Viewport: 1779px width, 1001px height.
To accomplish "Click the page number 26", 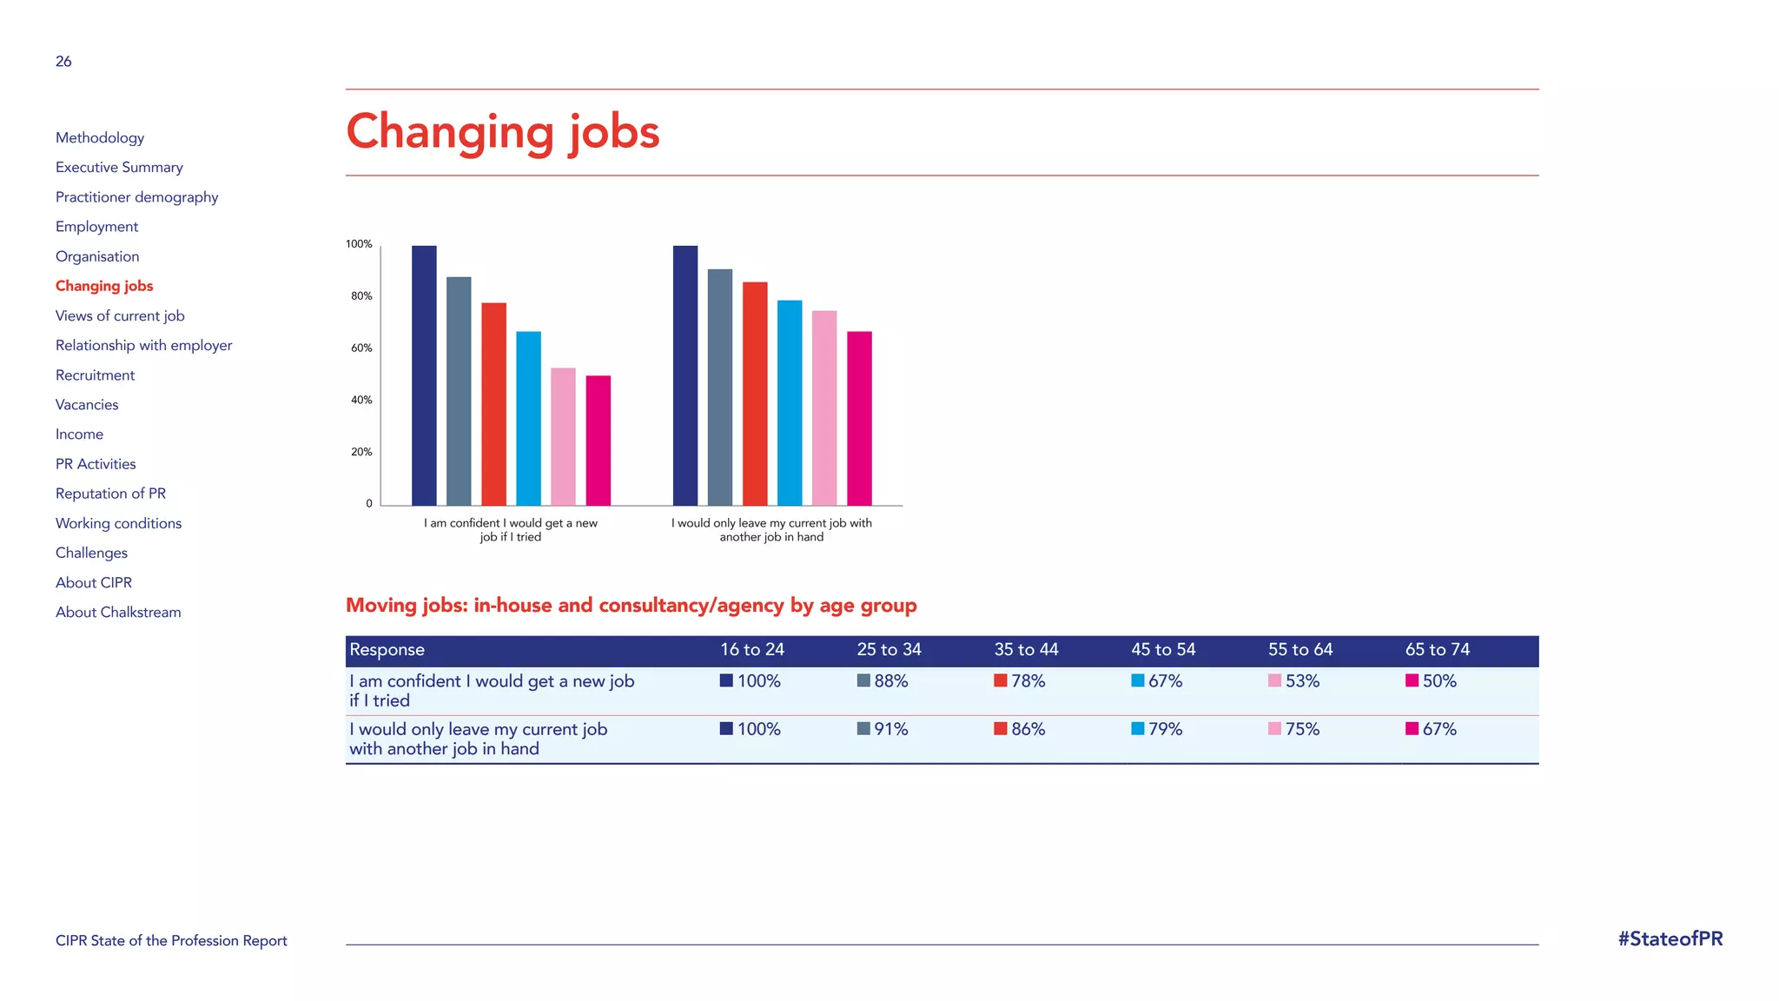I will (63, 62).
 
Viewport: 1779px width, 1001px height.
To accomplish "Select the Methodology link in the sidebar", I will (100, 138).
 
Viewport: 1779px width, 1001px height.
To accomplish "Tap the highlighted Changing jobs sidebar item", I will (104, 286).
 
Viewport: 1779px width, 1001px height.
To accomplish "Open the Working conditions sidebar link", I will (118, 523).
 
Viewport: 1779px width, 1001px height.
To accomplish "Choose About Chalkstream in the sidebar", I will (118, 613).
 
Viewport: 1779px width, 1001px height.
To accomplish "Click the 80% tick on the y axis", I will (361, 296).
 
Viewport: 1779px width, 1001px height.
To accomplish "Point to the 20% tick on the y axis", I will (361, 452).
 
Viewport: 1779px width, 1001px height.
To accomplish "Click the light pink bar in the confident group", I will (563, 436).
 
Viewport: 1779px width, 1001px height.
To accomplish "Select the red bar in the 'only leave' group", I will (755, 393).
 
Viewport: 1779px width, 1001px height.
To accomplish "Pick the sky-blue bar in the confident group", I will (528, 418).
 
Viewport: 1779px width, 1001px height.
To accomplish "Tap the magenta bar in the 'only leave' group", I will (859, 418).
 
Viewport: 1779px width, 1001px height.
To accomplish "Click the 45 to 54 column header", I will (1163, 650).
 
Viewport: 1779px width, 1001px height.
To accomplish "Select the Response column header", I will (387, 650).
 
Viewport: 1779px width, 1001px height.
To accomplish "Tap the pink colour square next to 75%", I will (1274, 729).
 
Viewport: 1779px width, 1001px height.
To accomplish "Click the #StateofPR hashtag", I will (1670, 939).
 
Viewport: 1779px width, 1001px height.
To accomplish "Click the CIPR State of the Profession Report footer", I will (171, 941).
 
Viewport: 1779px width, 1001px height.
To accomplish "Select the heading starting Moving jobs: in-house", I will (631, 606).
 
